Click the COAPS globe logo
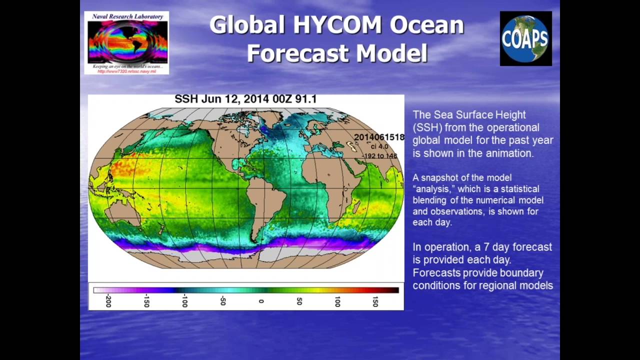click(525, 38)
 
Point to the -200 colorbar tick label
click(108, 300)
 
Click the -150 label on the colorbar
click(146, 300)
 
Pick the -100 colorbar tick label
click(184, 300)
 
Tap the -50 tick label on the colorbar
click(223, 300)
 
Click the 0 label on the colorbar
click(261, 301)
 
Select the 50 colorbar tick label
click(299, 301)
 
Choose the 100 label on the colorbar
click(337, 301)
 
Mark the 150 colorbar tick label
click(375, 301)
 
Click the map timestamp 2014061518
click(379, 137)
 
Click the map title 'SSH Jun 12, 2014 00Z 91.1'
click(245, 99)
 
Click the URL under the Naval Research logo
click(126, 71)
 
